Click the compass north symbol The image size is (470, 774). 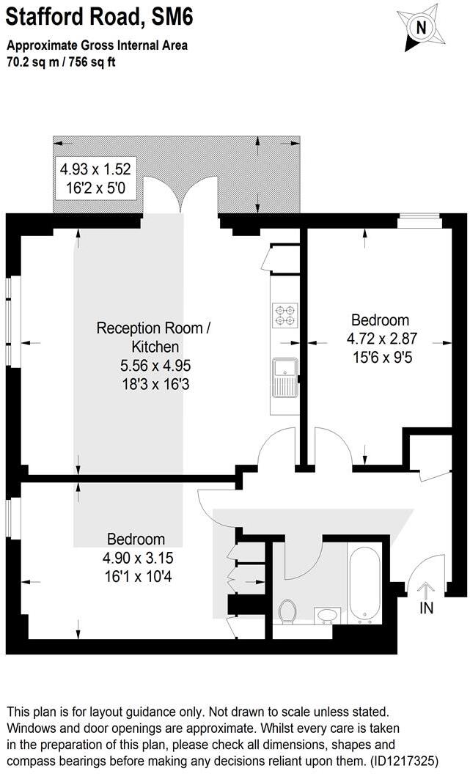click(420, 28)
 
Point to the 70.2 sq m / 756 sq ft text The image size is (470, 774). click(62, 62)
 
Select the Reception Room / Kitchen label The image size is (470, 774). click(154, 337)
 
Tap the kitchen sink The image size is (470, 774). click(283, 376)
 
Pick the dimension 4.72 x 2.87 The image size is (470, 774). click(380, 340)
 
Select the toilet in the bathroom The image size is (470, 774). click(288, 611)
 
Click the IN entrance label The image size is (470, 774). click(426, 608)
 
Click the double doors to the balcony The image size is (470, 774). click(180, 196)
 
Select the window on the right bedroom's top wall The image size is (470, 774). click(419, 217)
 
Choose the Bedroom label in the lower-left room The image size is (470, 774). click(135, 539)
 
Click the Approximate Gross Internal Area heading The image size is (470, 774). click(98, 45)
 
